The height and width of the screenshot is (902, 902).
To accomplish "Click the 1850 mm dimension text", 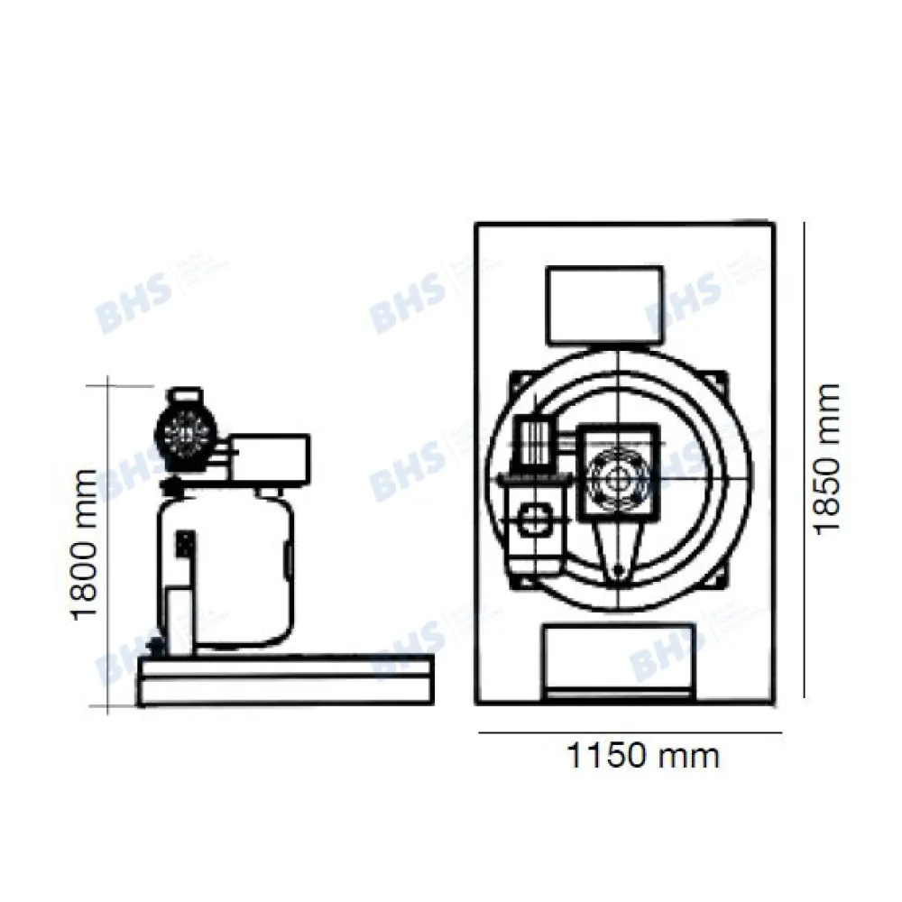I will tap(825, 458).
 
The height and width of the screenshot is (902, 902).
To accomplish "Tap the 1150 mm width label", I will tap(643, 756).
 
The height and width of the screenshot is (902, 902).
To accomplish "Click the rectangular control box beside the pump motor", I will tap(269, 457).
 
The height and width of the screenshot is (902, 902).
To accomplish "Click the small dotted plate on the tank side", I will tap(184, 545).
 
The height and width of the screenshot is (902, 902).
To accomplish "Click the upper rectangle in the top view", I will tap(605, 305).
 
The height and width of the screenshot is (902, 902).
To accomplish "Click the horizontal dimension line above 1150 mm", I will tap(628, 733).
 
